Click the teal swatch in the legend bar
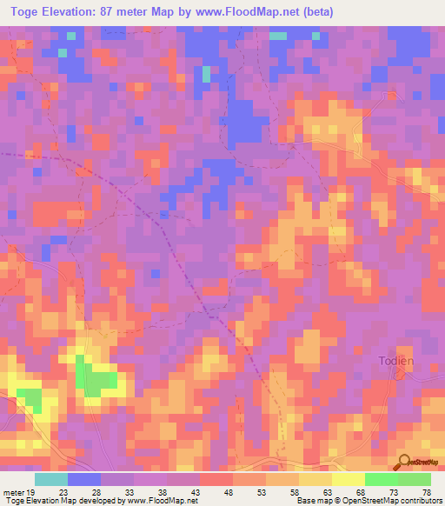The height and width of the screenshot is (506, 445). click(x=51, y=479)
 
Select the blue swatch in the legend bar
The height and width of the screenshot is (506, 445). click(x=84, y=479)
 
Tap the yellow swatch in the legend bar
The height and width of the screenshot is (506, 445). click(x=349, y=479)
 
